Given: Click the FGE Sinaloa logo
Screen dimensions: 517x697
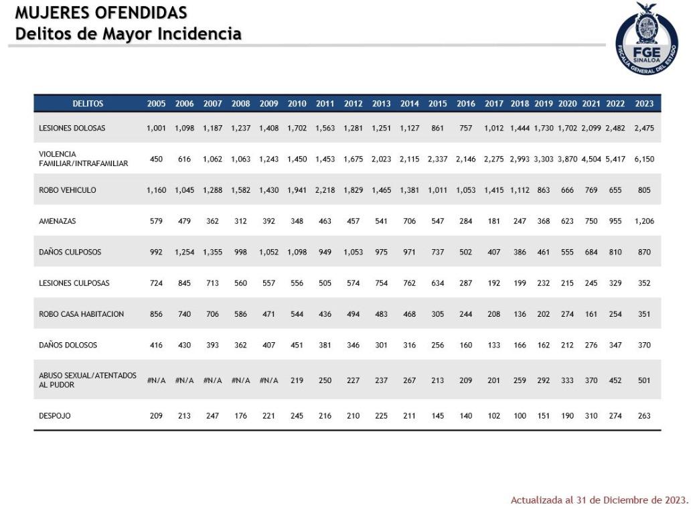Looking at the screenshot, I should click(646, 38).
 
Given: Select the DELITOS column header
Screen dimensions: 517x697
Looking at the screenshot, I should click(88, 104).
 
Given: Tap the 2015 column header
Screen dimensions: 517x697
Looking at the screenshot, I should click(437, 104).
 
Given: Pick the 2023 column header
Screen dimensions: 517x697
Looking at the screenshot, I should click(643, 104).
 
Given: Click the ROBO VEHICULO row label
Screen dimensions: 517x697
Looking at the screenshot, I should click(68, 190).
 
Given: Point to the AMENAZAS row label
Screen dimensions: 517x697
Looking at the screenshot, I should click(58, 221).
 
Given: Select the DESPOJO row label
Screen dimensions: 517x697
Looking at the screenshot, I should click(55, 416).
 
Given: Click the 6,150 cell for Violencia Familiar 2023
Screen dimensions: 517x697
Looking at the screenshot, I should click(643, 159).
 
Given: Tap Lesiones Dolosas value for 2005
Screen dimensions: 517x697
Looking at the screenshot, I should click(156, 128).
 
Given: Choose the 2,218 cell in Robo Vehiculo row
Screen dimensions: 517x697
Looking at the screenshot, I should click(325, 190).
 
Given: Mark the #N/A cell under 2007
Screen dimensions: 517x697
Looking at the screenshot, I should click(212, 380).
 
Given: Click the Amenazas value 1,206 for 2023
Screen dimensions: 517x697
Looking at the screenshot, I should click(643, 221).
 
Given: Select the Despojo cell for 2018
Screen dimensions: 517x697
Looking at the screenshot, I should click(520, 416).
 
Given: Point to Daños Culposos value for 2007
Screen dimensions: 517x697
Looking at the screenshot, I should click(212, 252).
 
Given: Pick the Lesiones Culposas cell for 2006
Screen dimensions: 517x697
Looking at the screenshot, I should click(184, 283).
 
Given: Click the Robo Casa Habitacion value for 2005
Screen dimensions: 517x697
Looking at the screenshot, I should click(156, 314).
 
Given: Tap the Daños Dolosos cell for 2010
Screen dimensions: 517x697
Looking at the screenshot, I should click(297, 346).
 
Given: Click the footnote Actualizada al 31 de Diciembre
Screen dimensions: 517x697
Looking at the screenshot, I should click(599, 500).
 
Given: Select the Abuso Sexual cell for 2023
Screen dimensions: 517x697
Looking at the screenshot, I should click(643, 380).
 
